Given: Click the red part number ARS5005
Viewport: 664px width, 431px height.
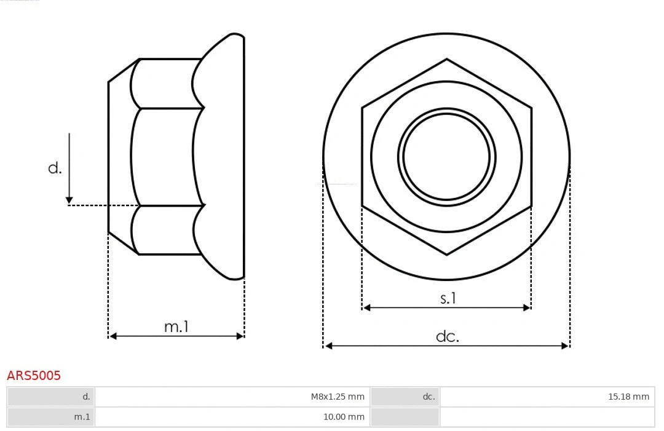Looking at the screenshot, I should click(34, 375).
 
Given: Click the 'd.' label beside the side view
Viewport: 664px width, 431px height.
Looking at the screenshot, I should click(55, 168).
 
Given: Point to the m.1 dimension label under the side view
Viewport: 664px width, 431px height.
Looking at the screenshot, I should click(176, 326).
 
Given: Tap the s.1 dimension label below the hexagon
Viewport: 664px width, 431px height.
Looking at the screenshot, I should click(448, 298).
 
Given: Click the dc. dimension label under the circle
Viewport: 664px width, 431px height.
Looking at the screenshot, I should click(447, 336).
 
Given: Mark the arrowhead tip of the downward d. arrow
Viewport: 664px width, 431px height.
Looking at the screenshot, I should click(69, 202).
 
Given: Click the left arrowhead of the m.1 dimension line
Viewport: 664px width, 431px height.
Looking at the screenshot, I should click(111, 336).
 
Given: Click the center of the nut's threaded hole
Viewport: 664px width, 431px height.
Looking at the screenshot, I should click(446, 156).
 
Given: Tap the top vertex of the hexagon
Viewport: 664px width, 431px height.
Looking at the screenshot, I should click(446, 60).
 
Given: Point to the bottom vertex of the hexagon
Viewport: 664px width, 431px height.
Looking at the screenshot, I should click(446, 254).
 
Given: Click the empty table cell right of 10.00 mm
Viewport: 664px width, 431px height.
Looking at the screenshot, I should click(547, 417).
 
